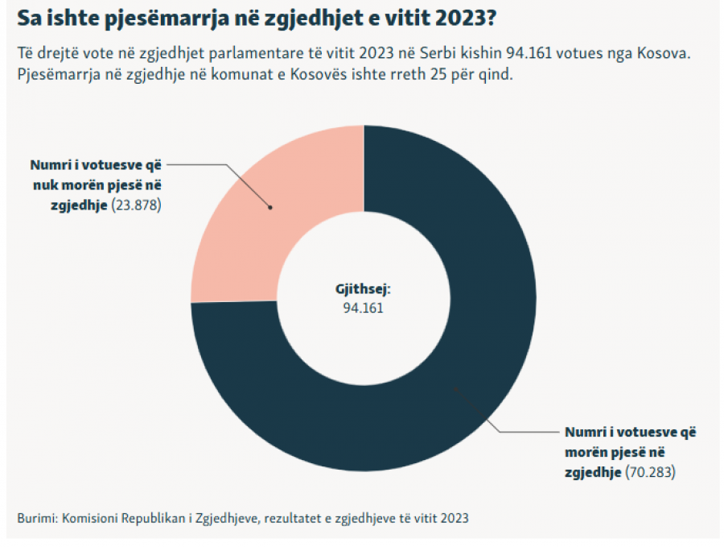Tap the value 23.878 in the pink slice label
coord(137,205)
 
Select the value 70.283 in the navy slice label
coord(651,472)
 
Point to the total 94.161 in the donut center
coord(364,308)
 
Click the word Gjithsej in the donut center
coord(363,289)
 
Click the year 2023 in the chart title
coord(466,18)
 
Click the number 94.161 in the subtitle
coord(529,53)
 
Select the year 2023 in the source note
coord(455,518)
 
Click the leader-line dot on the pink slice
coord(270,208)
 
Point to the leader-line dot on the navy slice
coord(455,389)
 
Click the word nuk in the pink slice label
coord(45,185)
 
